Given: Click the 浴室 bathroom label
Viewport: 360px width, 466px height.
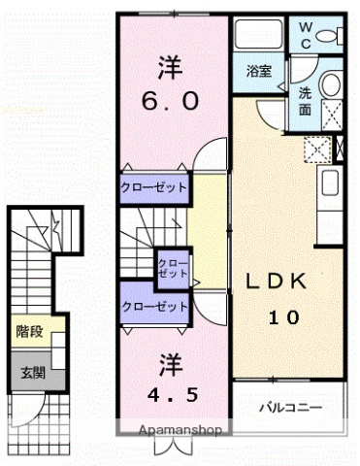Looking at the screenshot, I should (x=258, y=71).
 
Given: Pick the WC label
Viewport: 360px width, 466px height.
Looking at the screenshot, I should (x=306, y=36).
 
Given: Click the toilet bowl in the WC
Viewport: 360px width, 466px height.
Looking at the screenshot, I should (x=333, y=36).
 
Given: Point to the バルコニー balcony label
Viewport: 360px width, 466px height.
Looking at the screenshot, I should (x=289, y=406).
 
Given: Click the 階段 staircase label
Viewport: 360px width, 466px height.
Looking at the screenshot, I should (x=28, y=331).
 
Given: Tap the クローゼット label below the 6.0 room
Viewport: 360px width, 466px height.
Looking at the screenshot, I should (x=154, y=186).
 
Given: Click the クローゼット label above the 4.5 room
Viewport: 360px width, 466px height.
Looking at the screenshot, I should (x=154, y=307).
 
